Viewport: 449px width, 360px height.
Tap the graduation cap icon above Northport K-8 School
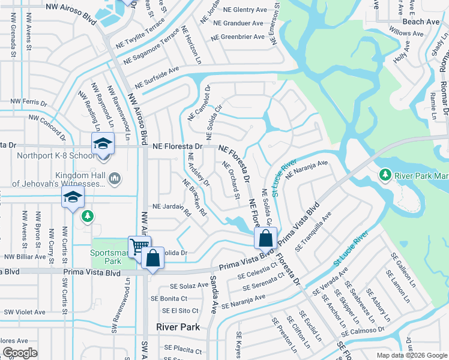[x=103, y=144]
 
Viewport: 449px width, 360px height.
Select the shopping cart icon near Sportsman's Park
[x=139, y=245]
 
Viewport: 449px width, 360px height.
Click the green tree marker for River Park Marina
[x=385, y=175]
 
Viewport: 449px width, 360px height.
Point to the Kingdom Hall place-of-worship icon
[x=115, y=178]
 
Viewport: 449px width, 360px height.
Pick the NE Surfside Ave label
[x=157, y=77]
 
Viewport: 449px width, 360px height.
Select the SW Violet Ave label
[x=25, y=312]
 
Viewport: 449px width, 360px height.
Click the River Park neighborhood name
[x=173, y=328]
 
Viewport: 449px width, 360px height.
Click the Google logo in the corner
[x=20, y=353]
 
